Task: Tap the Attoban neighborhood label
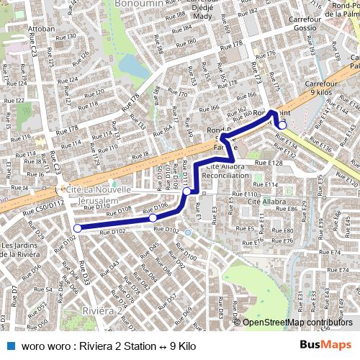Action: click(41, 30)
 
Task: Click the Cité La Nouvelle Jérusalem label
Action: click(99, 194)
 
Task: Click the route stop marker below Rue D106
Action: click(153, 217)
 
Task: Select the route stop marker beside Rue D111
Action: click(186, 192)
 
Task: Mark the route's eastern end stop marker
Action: click(282, 125)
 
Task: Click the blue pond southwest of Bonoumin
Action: click(130, 67)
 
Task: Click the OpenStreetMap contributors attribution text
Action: click(297, 323)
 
